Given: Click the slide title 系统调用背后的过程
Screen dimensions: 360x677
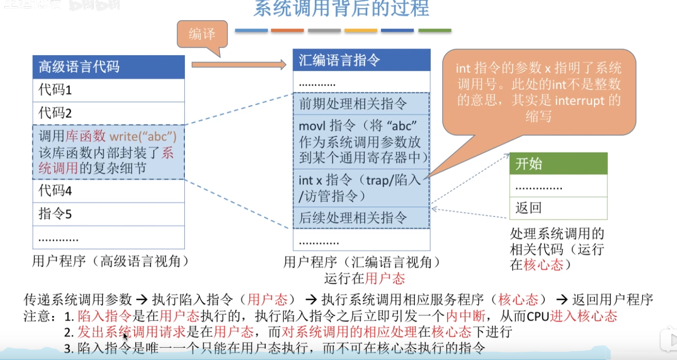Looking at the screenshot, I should click(x=341, y=9).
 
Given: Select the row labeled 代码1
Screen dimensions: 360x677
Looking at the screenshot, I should click(x=108, y=90).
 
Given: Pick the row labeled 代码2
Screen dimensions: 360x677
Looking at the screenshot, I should click(x=108, y=113).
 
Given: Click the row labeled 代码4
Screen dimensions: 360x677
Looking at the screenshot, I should click(x=108, y=191).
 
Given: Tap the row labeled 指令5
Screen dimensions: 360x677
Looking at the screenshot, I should click(x=108, y=214).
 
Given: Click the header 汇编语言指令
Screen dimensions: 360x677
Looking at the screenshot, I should click(x=361, y=60).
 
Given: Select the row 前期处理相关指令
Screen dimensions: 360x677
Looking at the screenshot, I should click(x=361, y=104).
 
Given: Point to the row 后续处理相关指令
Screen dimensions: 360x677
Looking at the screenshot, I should click(x=361, y=218).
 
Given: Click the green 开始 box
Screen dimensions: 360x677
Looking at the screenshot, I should click(x=558, y=164).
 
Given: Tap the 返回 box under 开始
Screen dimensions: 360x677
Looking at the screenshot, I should click(x=558, y=208).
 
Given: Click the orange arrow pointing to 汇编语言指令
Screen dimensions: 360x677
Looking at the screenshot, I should click(x=239, y=65).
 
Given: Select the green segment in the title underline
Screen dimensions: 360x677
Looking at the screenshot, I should click(x=434, y=31).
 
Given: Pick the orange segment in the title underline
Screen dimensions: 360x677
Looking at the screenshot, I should click(x=287, y=31).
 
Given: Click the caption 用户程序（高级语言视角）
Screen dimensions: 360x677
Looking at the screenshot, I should click(x=111, y=262).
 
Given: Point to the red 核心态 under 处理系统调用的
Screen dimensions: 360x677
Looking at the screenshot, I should click(x=543, y=265).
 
